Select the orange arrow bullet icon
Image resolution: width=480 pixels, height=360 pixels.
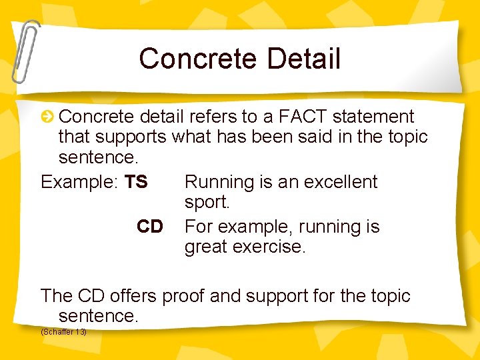click(48, 117)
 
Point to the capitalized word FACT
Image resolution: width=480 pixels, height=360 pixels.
click(303, 117)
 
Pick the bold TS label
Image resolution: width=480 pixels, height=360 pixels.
click(136, 182)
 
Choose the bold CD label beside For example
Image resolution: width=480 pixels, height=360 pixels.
click(150, 227)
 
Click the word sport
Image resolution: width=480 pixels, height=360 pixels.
click(207, 202)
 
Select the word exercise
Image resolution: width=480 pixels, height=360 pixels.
click(267, 247)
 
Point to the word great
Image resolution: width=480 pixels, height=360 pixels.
click(204, 247)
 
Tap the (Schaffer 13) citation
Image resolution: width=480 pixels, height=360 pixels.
click(63, 331)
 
